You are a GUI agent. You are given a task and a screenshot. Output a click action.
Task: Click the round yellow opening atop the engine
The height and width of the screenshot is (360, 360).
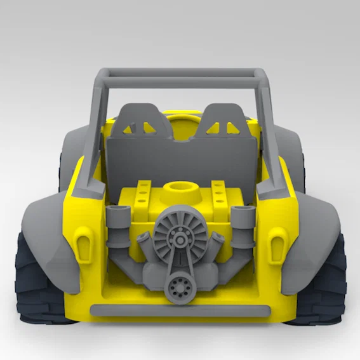pos(179,189)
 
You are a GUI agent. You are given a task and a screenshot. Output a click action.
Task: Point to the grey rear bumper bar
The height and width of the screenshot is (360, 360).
pos(180,310)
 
